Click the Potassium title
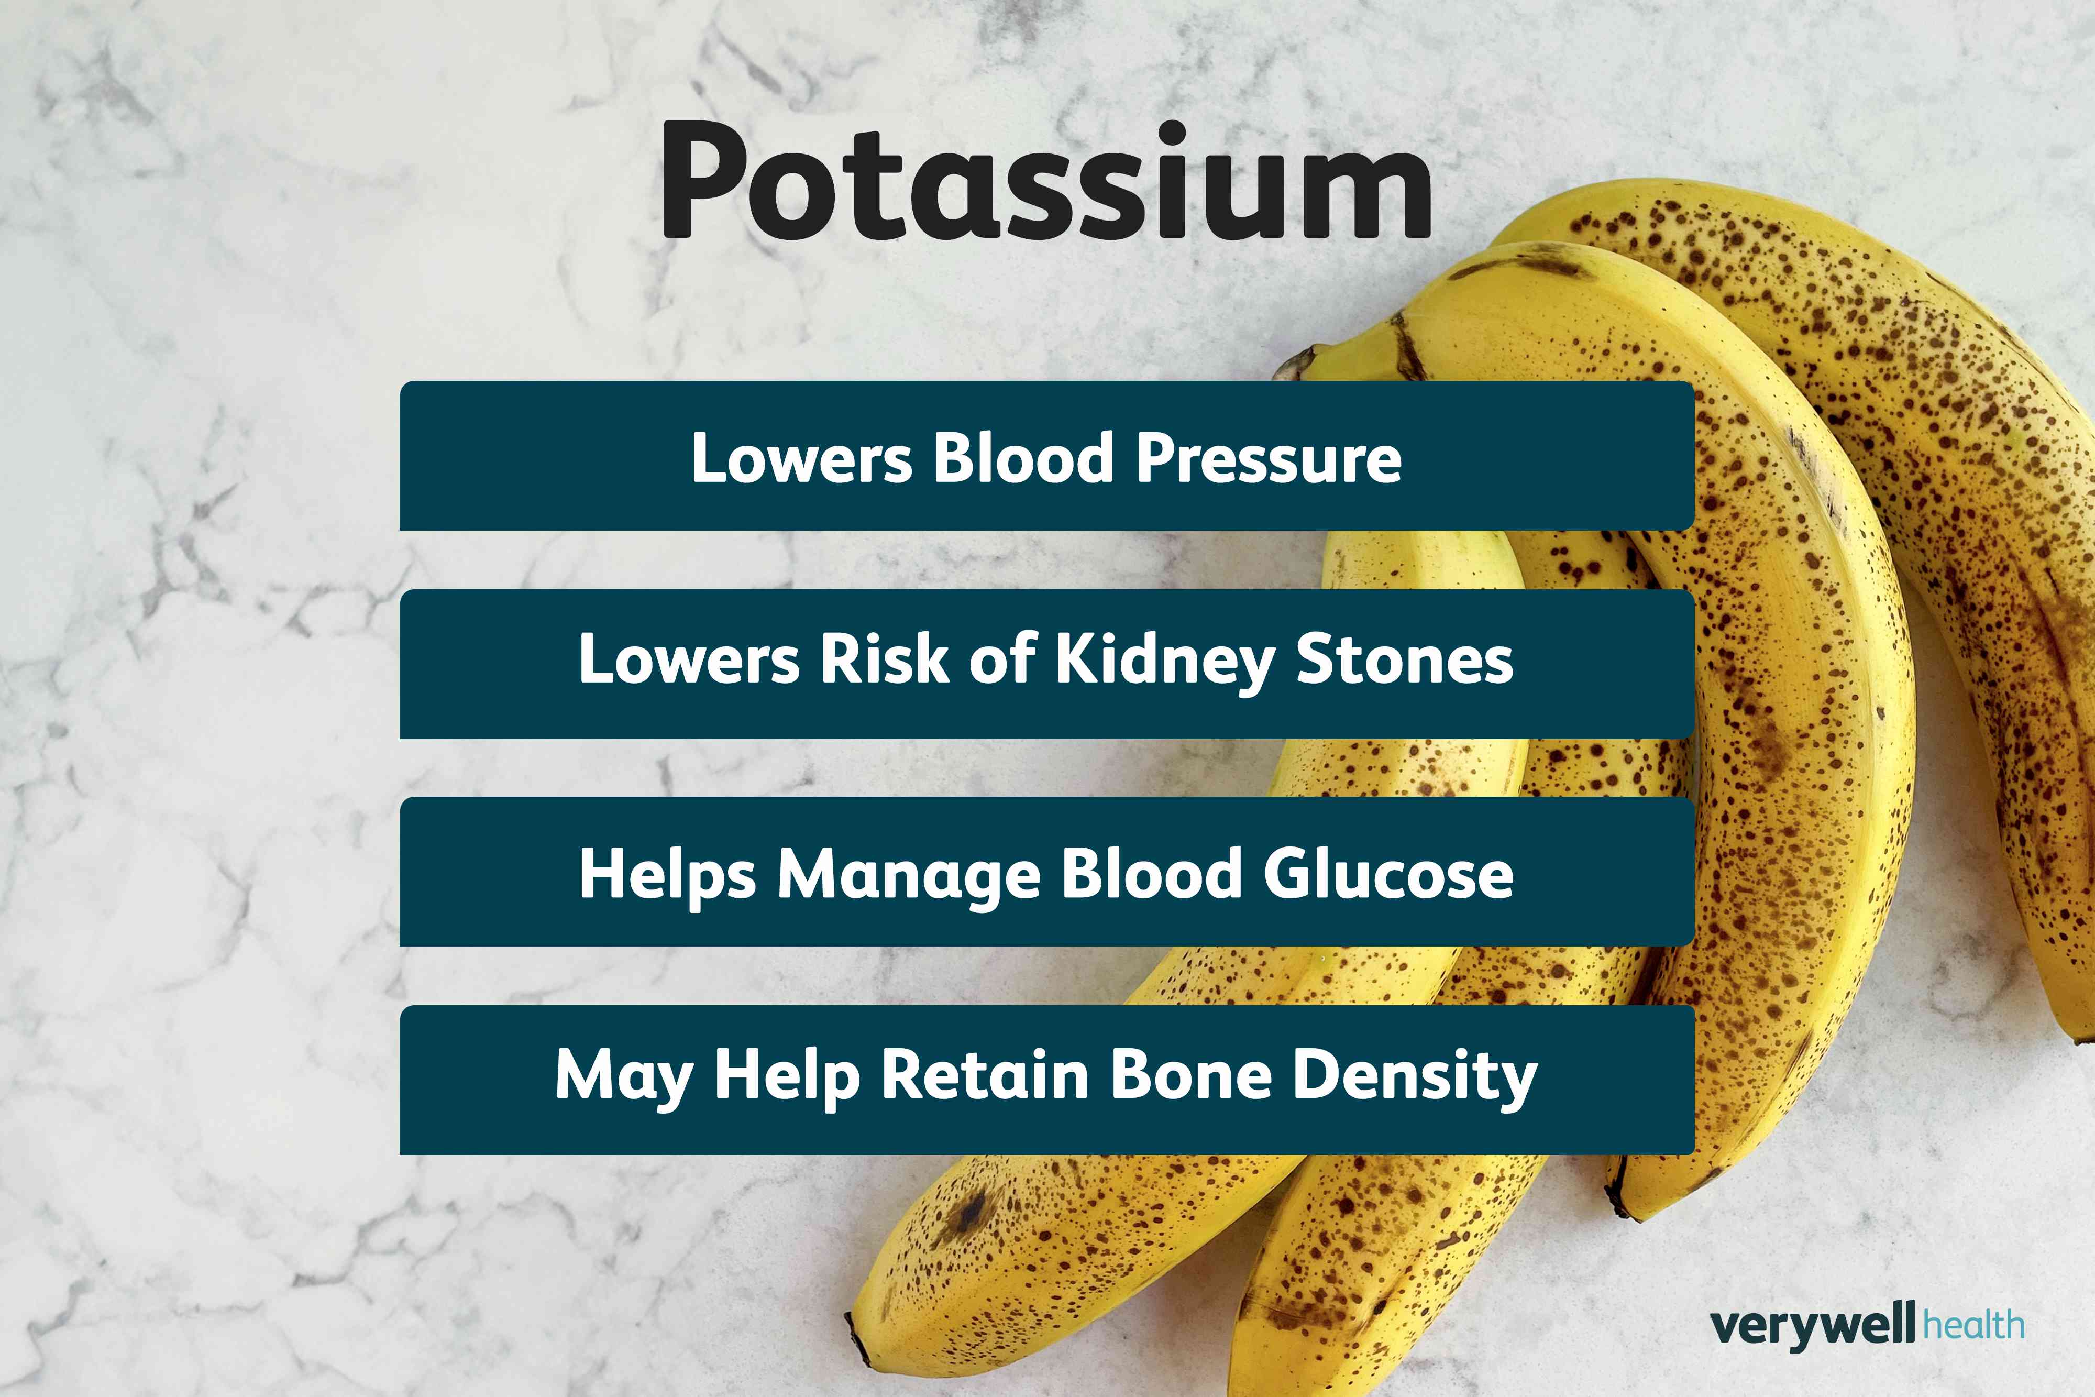pos(1046,183)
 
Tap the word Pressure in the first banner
pos(1269,459)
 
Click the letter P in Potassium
pos(704,183)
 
